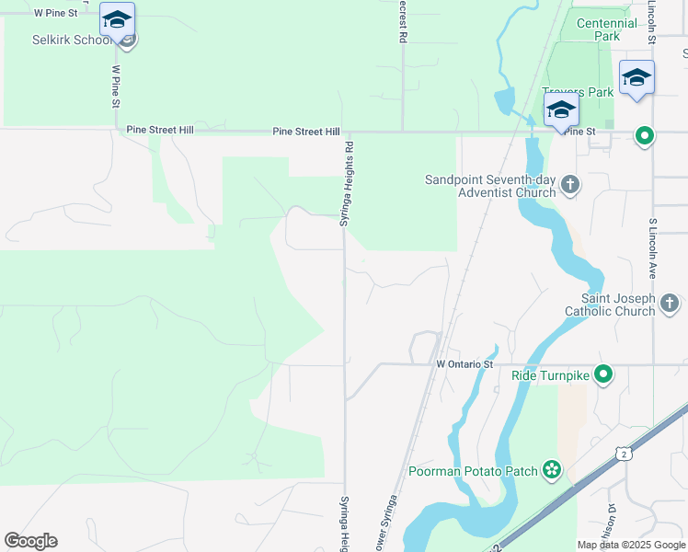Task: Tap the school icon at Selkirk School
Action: tap(117, 19)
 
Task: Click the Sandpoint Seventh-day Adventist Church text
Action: tap(490, 186)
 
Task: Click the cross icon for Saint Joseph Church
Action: tap(671, 302)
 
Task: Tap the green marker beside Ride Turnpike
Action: tap(603, 374)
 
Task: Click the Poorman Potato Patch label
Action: tap(473, 471)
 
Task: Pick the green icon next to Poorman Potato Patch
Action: tap(551, 471)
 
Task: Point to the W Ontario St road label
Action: tap(465, 364)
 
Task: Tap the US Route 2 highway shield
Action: tap(624, 454)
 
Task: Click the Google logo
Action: tap(30, 541)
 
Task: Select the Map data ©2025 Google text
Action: tap(631, 545)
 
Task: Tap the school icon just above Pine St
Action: tap(561, 110)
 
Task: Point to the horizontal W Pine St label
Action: tap(55, 13)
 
